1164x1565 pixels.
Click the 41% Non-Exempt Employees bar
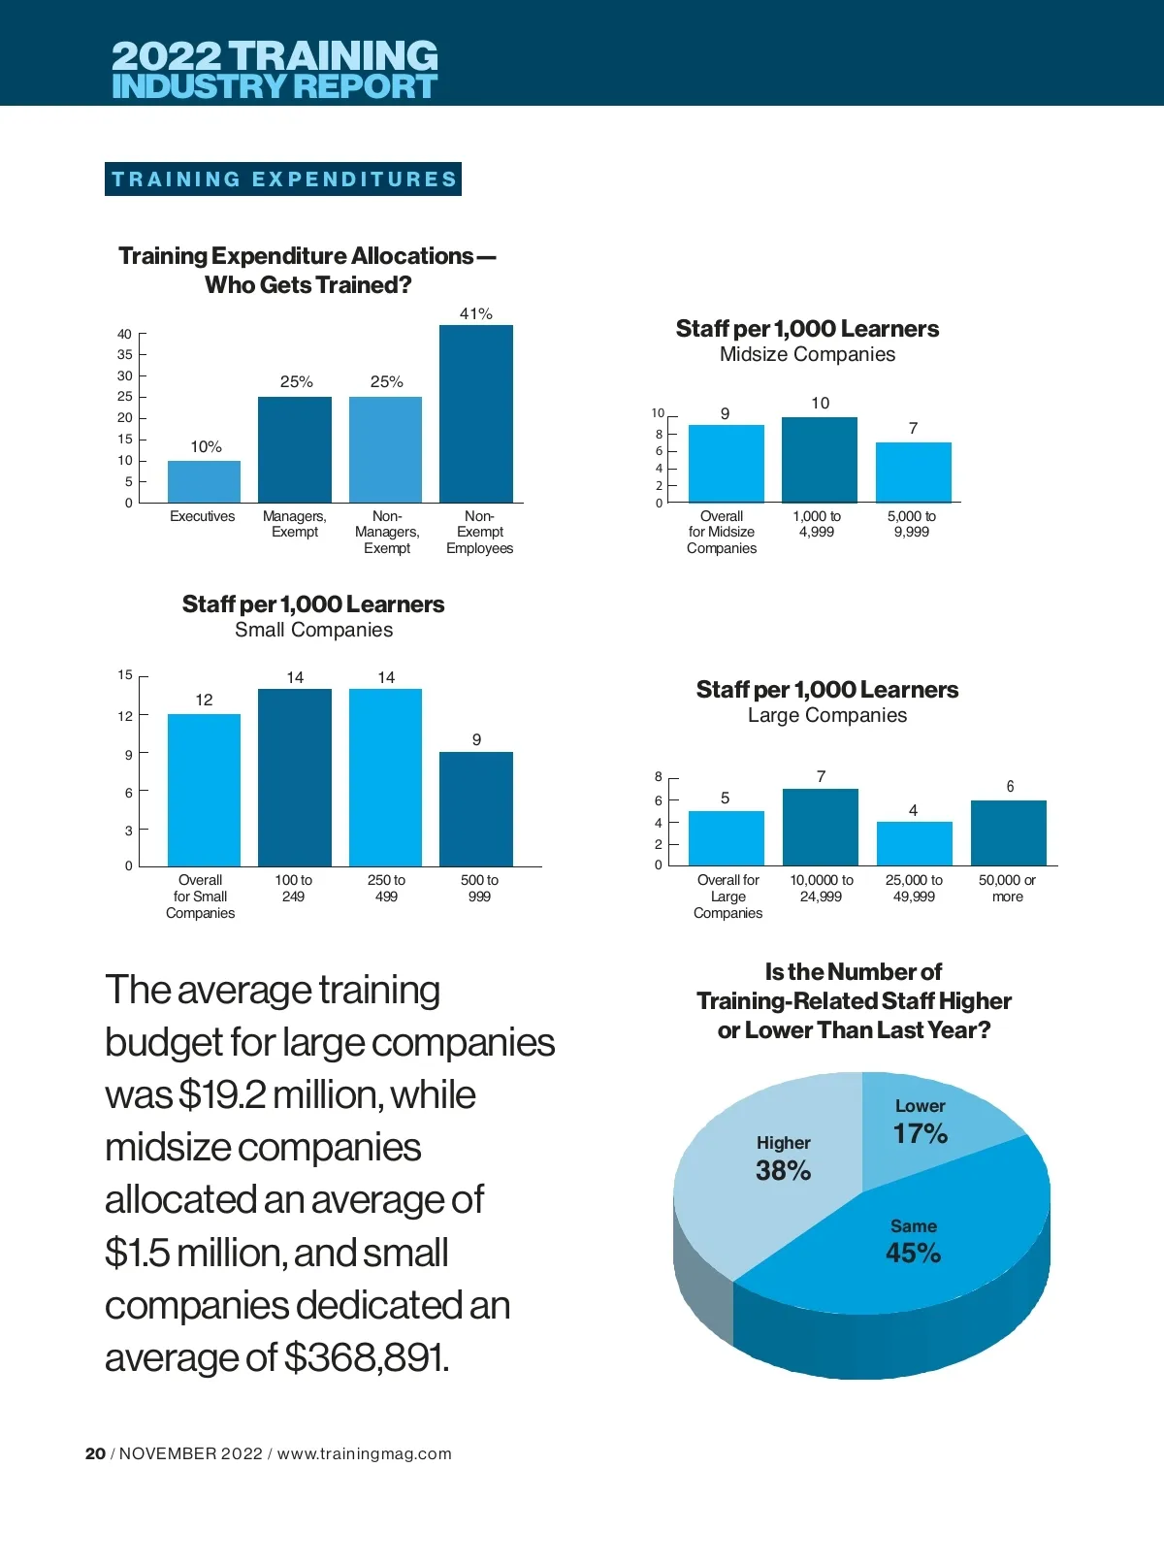[x=475, y=413]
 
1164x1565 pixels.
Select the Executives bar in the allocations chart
[x=204, y=481]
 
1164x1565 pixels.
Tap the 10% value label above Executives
[x=206, y=446]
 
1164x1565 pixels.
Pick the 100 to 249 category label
[x=293, y=888]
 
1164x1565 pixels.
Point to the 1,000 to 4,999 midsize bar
[x=820, y=459]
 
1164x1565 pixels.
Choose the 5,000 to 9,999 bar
[x=913, y=472]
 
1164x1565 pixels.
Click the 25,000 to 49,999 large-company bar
[x=914, y=843]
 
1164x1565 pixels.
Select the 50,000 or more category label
[x=1007, y=888]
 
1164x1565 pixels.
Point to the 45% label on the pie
[x=913, y=1253]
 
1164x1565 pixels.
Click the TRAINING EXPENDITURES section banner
[x=283, y=179]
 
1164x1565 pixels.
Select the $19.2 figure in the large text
[x=222, y=1094]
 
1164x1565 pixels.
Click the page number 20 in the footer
[x=95, y=1453]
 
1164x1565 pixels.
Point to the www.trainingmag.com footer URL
[x=364, y=1453]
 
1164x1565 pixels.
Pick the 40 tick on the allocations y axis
[x=124, y=334]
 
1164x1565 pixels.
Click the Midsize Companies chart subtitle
[x=807, y=354]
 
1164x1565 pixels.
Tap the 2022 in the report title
[x=167, y=56]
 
